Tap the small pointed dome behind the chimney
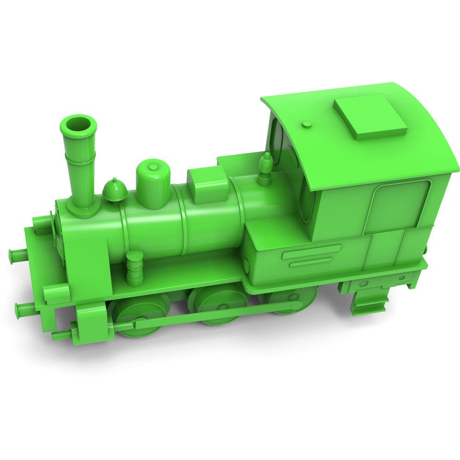tap(114, 190)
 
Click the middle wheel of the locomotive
tap(212, 306)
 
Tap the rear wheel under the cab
tap(281, 301)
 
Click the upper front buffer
tap(18, 253)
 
